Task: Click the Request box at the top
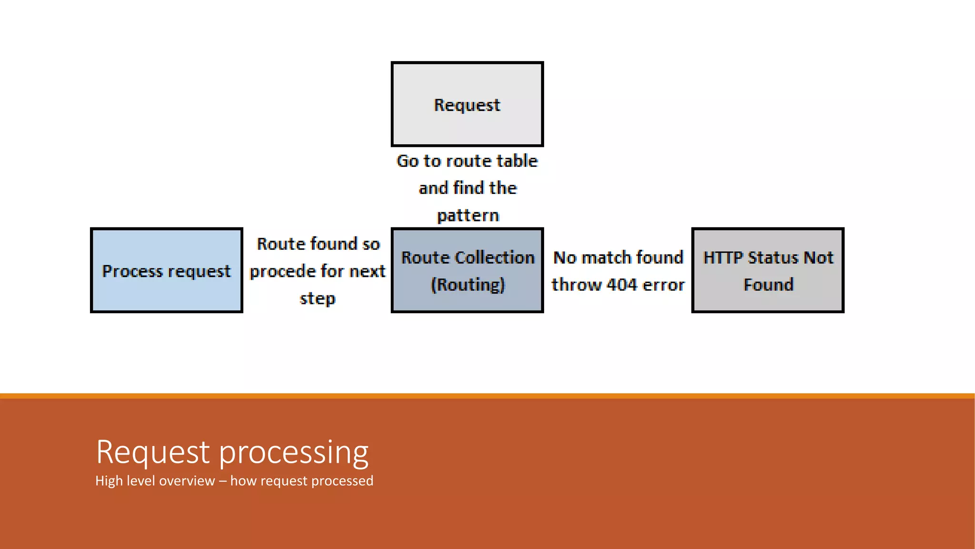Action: (x=467, y=104)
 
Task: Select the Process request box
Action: (x=166, y=270)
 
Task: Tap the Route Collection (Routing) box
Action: (x=467, y=270)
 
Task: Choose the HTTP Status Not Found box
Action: (x=767, y=270)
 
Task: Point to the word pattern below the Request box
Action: (x=468, y=215)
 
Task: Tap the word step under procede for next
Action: (x=318, y=299)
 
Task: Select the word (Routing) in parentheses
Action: (x=468, y=285)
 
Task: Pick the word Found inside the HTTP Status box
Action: (x=768, y=285)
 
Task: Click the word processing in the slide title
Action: (x=294, y=452)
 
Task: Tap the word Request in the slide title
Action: (x=153, y=452)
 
